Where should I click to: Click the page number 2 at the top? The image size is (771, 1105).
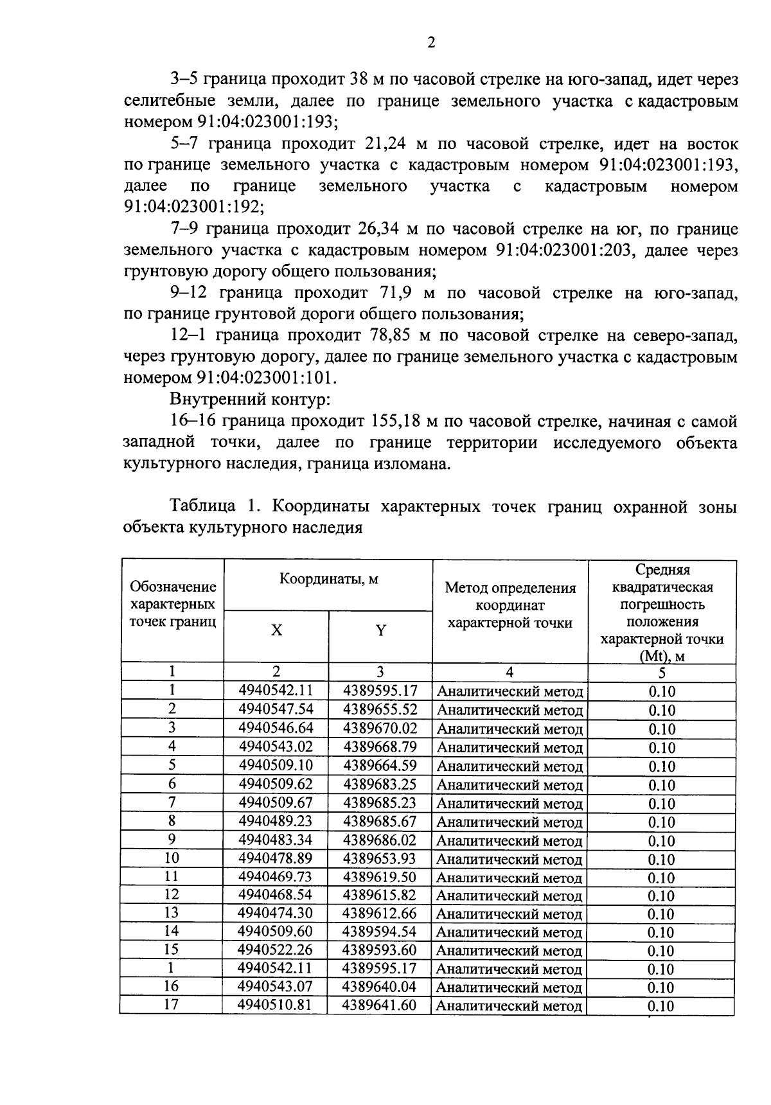(x=431, y=42)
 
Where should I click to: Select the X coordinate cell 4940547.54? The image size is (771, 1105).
(x=275, y=709)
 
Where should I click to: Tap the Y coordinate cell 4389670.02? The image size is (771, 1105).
(x=380, y=728)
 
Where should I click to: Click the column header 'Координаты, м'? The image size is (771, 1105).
(x=328, y=579)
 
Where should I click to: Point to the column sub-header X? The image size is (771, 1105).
(x=276, y=631)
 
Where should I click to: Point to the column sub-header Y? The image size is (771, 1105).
(x=380, y=631)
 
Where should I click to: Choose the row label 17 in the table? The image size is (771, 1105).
(x=171, y=1004)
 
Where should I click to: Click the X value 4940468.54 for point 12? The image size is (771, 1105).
(x=275, y=894)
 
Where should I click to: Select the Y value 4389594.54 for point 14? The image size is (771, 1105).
(x=380, y=931)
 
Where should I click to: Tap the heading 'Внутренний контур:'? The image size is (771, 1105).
(x=250, y=400)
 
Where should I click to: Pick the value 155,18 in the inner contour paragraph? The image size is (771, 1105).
(x=397, y=421)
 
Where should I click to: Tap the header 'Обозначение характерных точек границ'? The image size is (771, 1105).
(x=172, y=604)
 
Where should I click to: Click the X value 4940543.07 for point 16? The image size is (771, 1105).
(x=275, y=986)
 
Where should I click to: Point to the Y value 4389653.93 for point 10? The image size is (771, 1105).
(x=380, y=858)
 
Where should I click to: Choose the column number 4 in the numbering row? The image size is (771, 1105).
(x=510, y=672)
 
